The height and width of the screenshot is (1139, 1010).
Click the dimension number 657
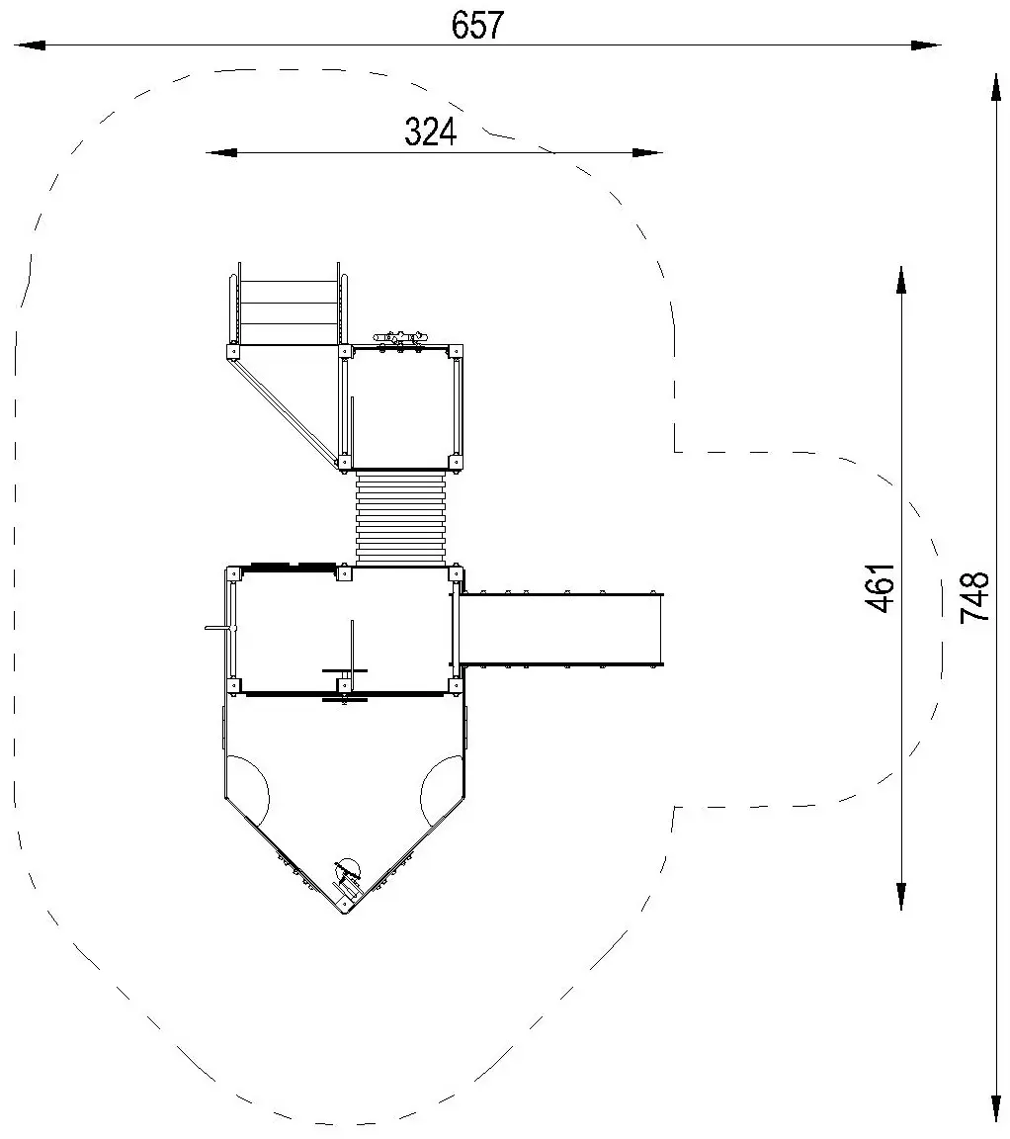pyautogui.click(x=477, y=26)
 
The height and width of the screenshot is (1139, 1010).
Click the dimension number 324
pyautogui.click(x=431, y=132)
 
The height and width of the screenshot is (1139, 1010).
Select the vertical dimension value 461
pyautogui.click(x=881, y=587)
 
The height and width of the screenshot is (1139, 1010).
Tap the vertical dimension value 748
pyautogui.click(x=974, y=597)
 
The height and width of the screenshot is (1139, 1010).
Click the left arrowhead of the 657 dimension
pyautogui.click(x=29, y=45)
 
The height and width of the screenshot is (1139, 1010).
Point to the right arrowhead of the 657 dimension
pyautogui.click(x=926, y=45)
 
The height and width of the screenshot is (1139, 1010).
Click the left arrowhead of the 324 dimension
pyautogui.click(x=220, y=152)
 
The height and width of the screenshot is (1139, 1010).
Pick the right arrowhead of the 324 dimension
pyautogui.click(x=647, y=152)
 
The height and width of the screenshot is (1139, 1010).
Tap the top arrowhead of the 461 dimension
pyautogui.click(x=901, y=281)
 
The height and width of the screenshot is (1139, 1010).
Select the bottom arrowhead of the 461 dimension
pyautogui.click(x=901, y=896)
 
